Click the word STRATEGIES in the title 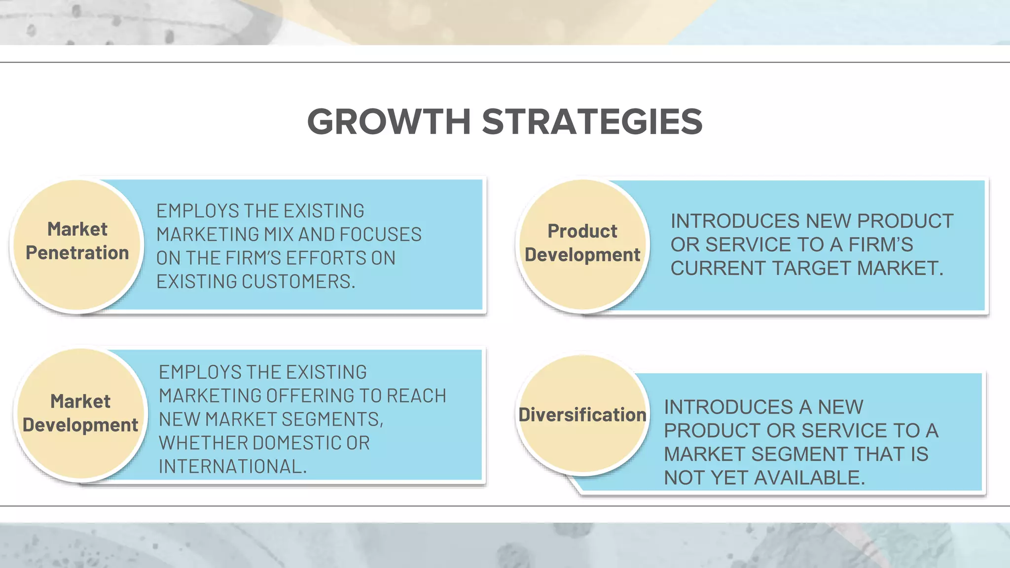coord(592,122)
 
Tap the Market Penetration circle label coord(77,241)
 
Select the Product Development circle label coord(582,243)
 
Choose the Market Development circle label coord(80,413)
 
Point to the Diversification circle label coord(582,415)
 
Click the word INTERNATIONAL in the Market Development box coord(232,466)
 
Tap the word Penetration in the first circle coord(77,253)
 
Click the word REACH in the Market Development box coord(416,395)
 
